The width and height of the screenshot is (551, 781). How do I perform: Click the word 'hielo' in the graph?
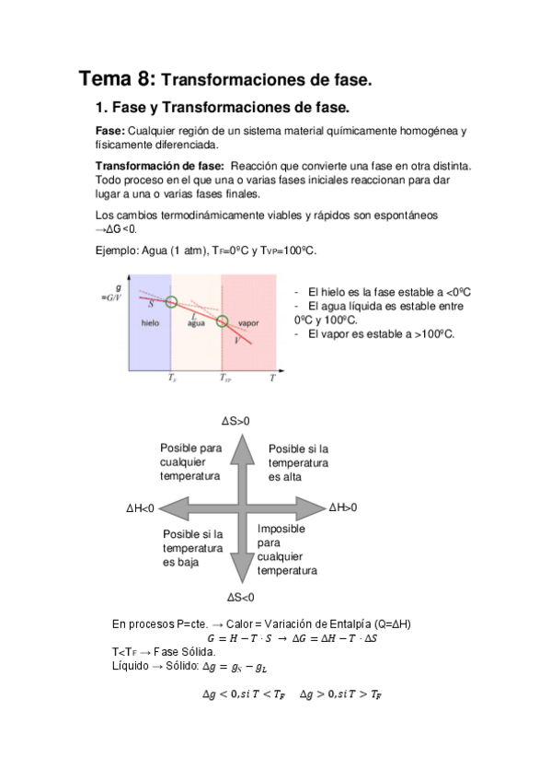pos(150,323)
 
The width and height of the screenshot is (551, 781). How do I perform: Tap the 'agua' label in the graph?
pos(195,323)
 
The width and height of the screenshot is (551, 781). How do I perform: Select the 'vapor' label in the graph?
pos(248,323)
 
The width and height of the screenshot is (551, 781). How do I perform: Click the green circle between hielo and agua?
pos(171,301)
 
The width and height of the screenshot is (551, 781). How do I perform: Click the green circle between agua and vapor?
pos(222,321)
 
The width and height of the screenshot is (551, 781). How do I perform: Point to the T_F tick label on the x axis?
pos(172,378)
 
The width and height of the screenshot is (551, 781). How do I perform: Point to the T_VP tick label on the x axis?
pos(225,378)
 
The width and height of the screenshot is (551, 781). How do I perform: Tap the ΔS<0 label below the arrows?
pos(239,597)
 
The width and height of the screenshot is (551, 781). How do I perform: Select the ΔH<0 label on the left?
pos(141,508)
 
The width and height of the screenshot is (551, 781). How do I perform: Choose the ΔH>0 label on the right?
pos(343,507)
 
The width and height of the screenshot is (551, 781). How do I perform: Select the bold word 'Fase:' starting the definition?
pos(110,132)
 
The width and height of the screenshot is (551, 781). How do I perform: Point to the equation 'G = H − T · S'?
pos(244,636)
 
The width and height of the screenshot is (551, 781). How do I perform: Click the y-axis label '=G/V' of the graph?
pos(110,297)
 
